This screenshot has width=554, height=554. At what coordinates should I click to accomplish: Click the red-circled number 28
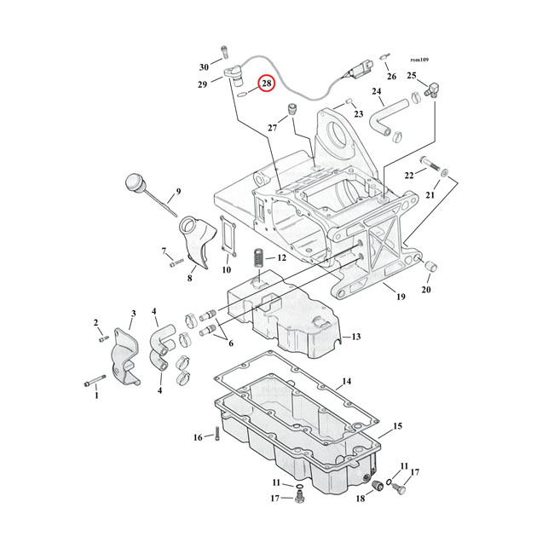coord(267,84)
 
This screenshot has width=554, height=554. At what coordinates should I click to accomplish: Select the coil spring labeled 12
coord(257,257)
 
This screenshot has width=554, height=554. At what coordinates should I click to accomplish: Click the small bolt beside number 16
coord(216,436)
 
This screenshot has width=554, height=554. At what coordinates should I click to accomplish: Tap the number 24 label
coord(376,91)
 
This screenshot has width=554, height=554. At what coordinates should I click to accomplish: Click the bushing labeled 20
coord(430,268)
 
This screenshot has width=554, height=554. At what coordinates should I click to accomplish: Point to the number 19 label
coord(399,296)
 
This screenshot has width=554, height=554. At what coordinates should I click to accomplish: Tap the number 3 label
coord(132,314)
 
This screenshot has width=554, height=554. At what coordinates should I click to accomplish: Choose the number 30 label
coord(204,66)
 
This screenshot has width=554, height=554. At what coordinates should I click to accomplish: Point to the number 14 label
coord(345,381)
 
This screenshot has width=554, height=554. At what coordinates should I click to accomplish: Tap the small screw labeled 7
coord(176,262)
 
